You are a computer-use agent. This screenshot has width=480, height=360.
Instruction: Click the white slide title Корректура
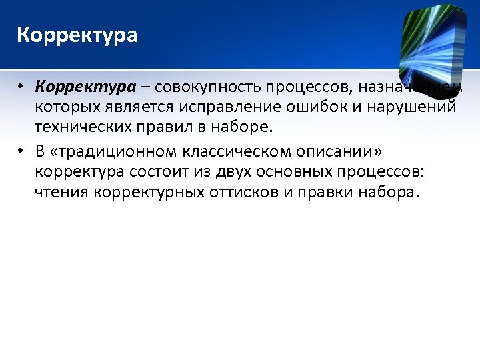pyautogui.click(x=77, y=35)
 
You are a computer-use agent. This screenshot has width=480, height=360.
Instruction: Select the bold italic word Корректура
pyautogui.click(x=75, y=87)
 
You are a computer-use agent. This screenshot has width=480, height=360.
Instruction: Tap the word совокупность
pyautogui.click(x=209, y=87)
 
